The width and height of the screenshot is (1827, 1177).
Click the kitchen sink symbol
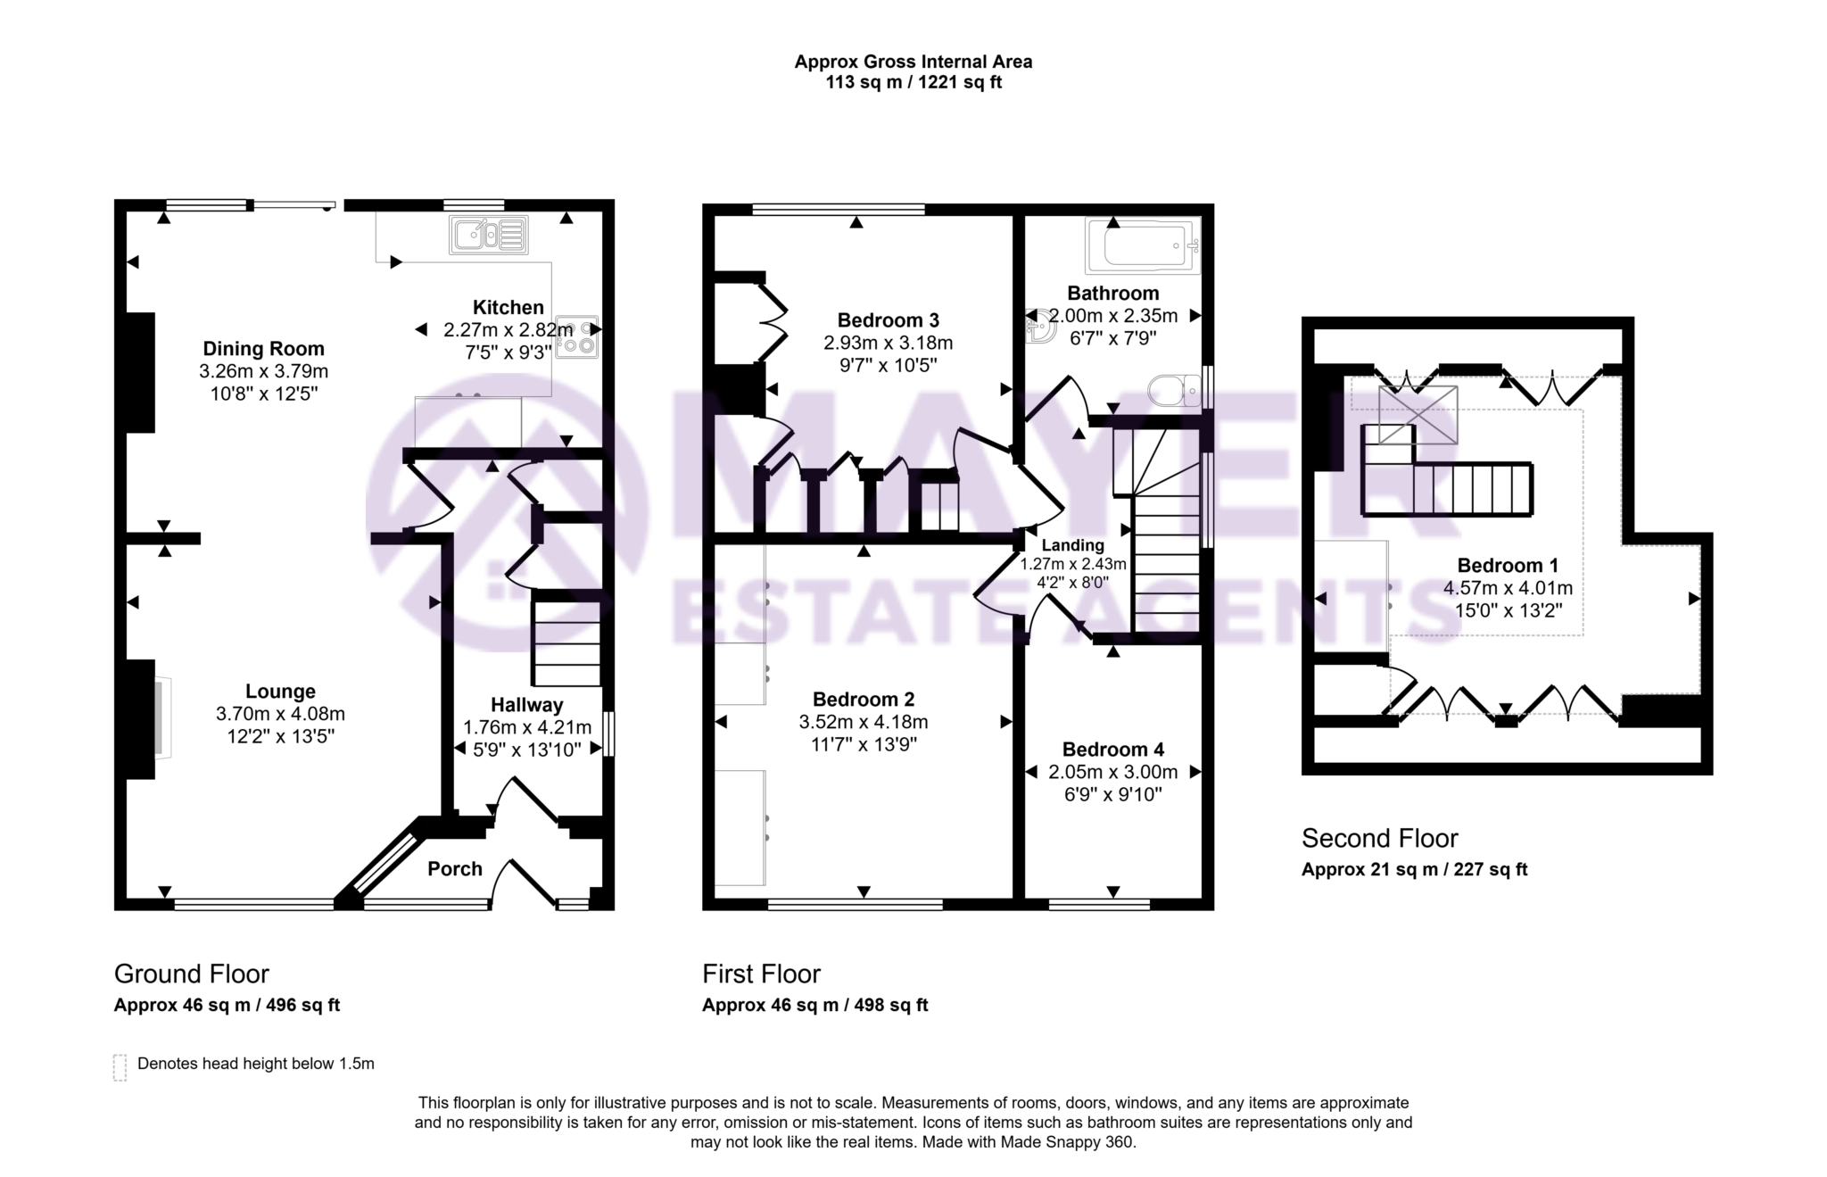point(489,236)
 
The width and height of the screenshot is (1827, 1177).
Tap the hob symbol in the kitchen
point(577,337)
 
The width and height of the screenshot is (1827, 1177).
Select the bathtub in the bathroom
point(1142,245)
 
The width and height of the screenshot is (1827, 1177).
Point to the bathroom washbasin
point(1039,327)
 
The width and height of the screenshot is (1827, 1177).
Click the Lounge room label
point(280,692)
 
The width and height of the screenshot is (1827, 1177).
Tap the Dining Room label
point(263,349)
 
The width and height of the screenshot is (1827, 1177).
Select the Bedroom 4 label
point(1112,750)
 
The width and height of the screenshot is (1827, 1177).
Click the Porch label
point(454,869)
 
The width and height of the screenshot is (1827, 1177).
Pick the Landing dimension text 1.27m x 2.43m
point(1073,564)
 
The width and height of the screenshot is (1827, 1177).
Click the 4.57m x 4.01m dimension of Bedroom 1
point(1508,588)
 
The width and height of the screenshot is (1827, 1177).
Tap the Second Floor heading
point(1379,839)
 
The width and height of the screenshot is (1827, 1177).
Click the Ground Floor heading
point(191,974)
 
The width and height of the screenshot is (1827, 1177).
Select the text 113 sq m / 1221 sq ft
point(913,83)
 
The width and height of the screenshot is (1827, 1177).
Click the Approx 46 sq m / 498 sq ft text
point(814,1005)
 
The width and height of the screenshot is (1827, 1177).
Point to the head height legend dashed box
point(120,1066)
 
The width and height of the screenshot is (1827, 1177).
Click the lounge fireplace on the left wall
point(162,718)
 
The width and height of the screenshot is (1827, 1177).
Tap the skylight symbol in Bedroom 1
point(1418,415)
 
